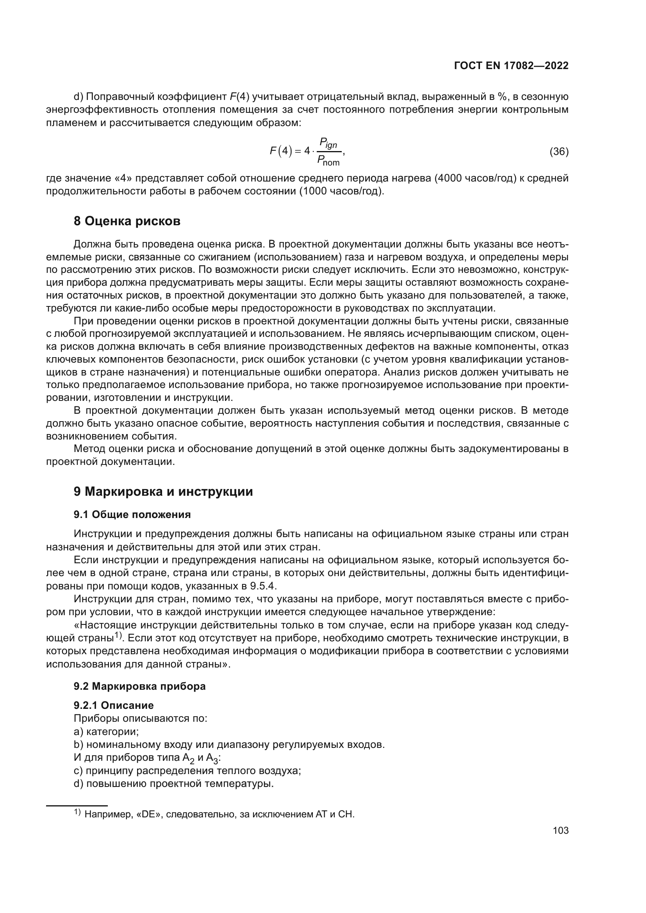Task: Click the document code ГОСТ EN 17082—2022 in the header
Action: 511,66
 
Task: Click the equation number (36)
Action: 559,151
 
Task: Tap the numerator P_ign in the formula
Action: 328,143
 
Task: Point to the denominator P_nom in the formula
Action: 328,161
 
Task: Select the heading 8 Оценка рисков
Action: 127,221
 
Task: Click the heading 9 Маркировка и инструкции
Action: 163,492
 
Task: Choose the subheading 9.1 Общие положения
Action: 132,514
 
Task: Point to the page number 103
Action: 560,830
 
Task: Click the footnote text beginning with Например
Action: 219,814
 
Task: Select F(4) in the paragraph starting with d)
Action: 239,97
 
